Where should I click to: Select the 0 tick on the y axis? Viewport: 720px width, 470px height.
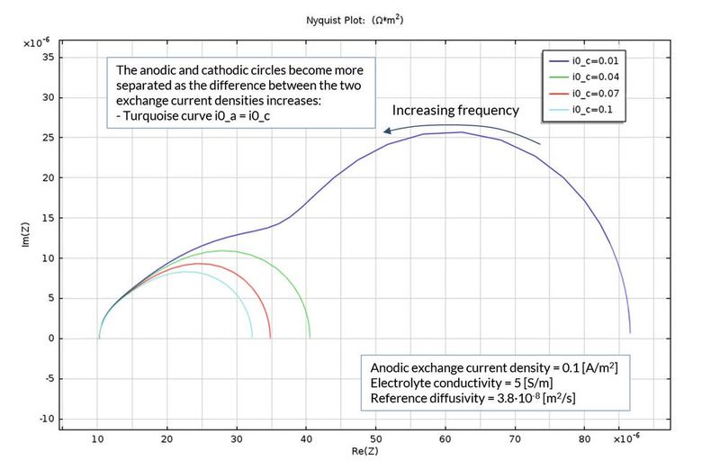click(51, 339)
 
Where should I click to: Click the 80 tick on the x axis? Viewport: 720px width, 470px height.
click(584, 441)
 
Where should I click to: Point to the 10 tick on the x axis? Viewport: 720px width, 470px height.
click(97, 441)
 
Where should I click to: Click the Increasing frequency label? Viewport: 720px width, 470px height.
click(454, 111)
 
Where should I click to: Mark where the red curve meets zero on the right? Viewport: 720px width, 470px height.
click(270, 338)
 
